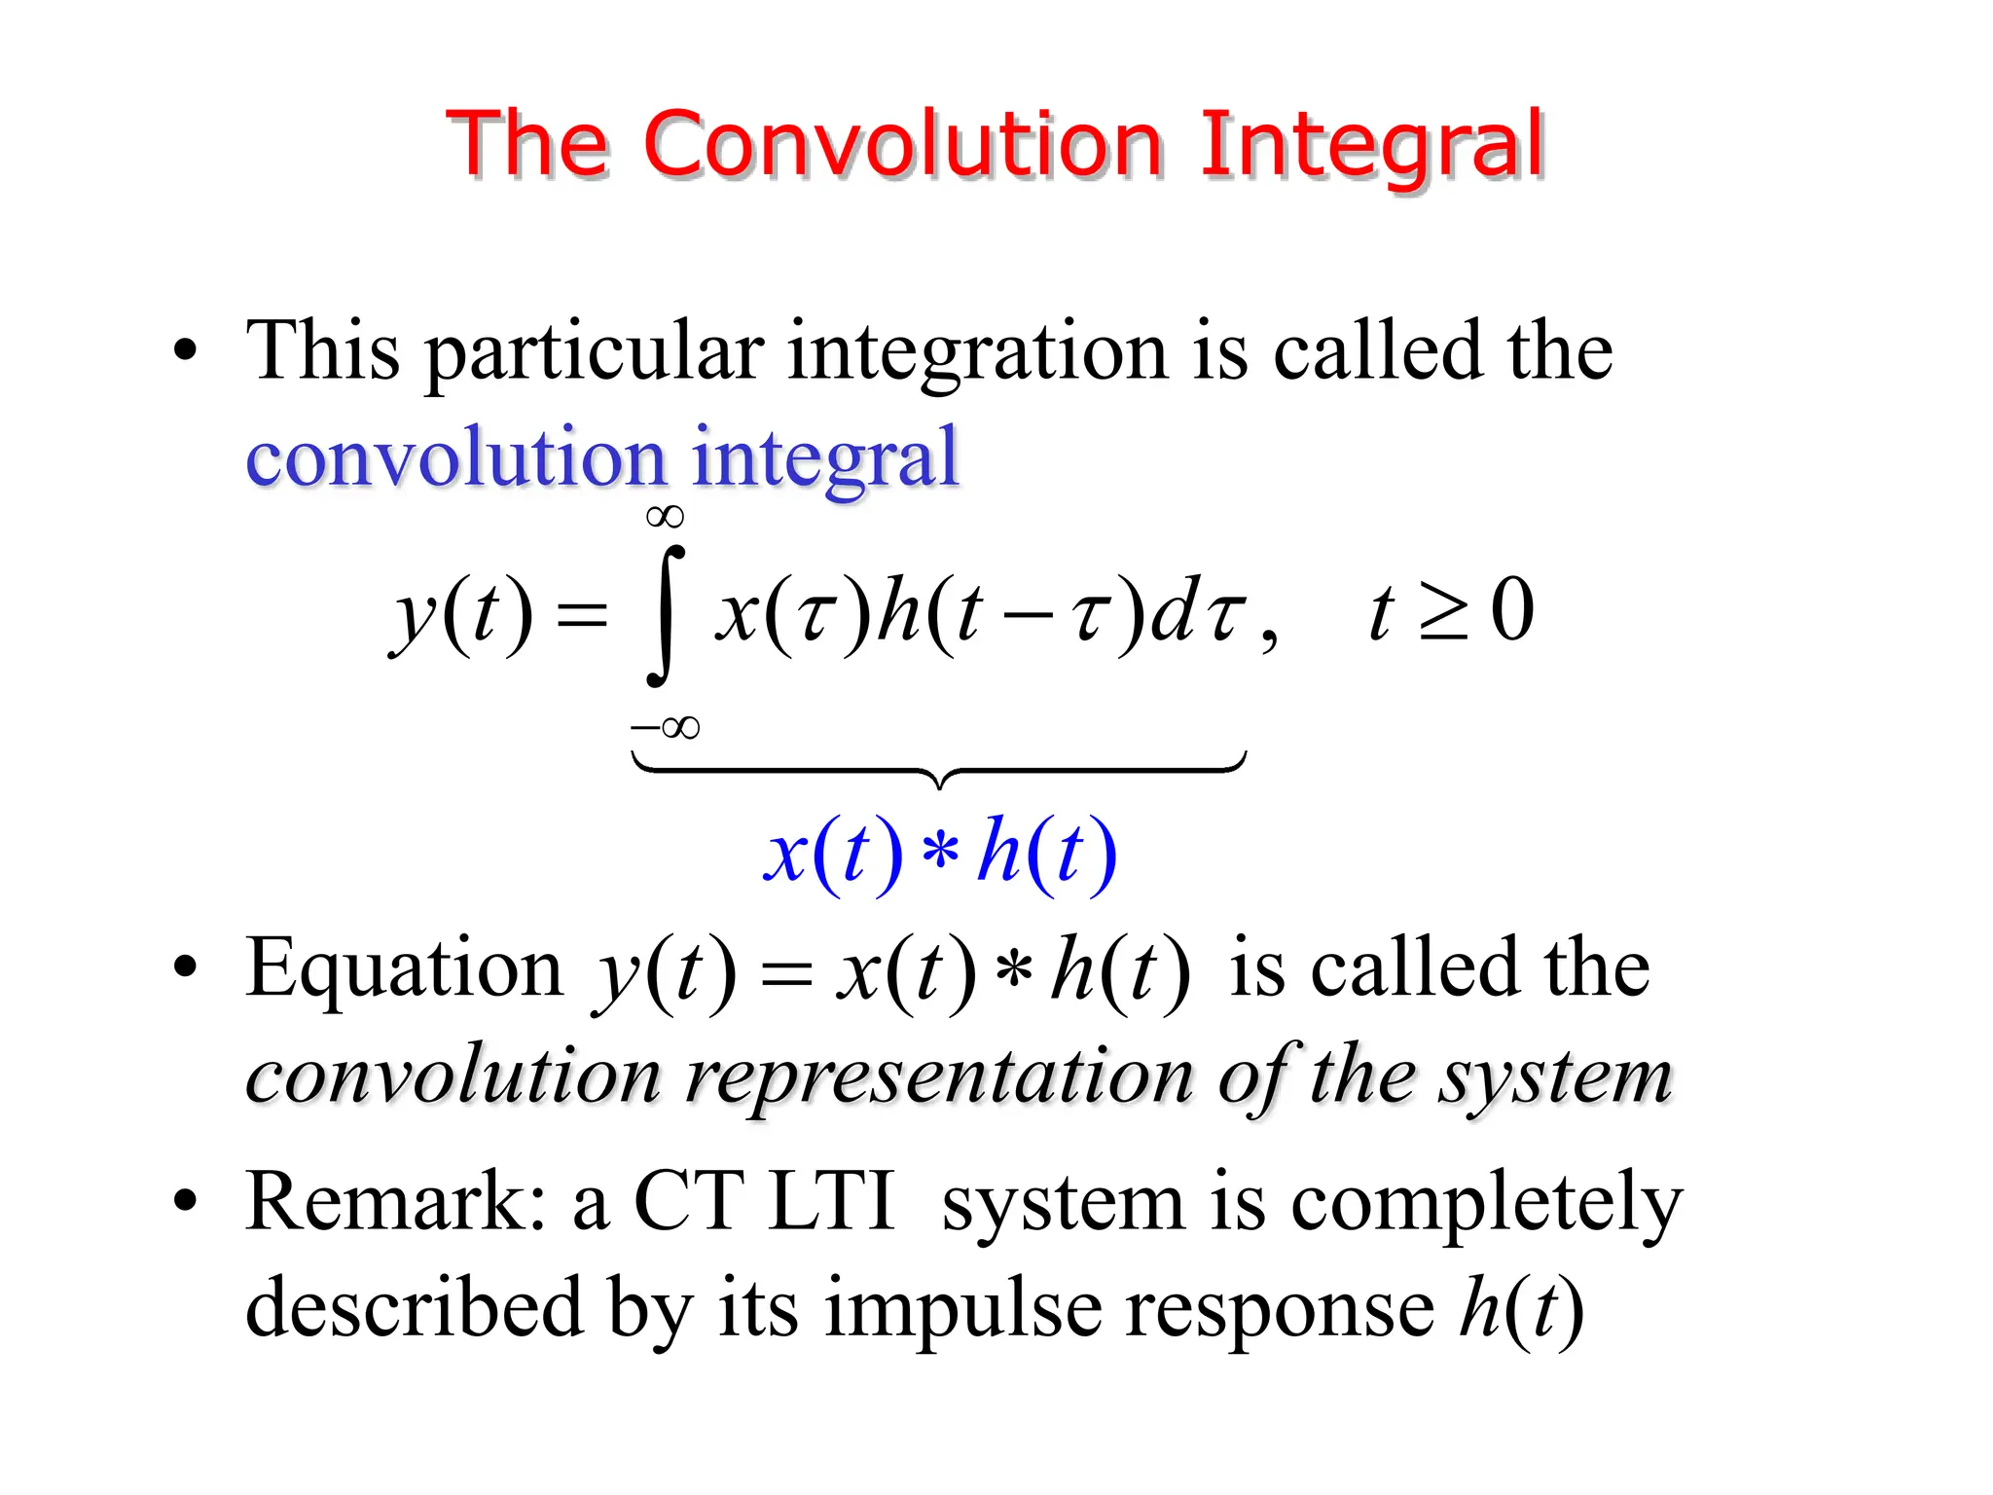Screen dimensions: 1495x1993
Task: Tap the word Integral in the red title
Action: [x=1372, y=146]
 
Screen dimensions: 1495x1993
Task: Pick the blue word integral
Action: [x=825, y=459]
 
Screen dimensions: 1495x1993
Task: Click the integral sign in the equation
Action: [x=666, y=615]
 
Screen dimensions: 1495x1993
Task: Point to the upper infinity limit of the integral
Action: [x=666, y=517]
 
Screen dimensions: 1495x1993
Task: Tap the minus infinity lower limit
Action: [x=666, y=727]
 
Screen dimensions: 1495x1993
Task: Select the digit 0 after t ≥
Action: [x=1512, y=611]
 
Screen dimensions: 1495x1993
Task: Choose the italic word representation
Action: [x=940, y=1078]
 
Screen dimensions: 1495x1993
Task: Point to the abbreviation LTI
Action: [x=830, y=1202]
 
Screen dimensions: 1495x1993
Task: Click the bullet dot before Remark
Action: [x=185, y=1203]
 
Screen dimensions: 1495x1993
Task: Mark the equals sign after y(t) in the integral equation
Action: [x=581, y=615]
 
